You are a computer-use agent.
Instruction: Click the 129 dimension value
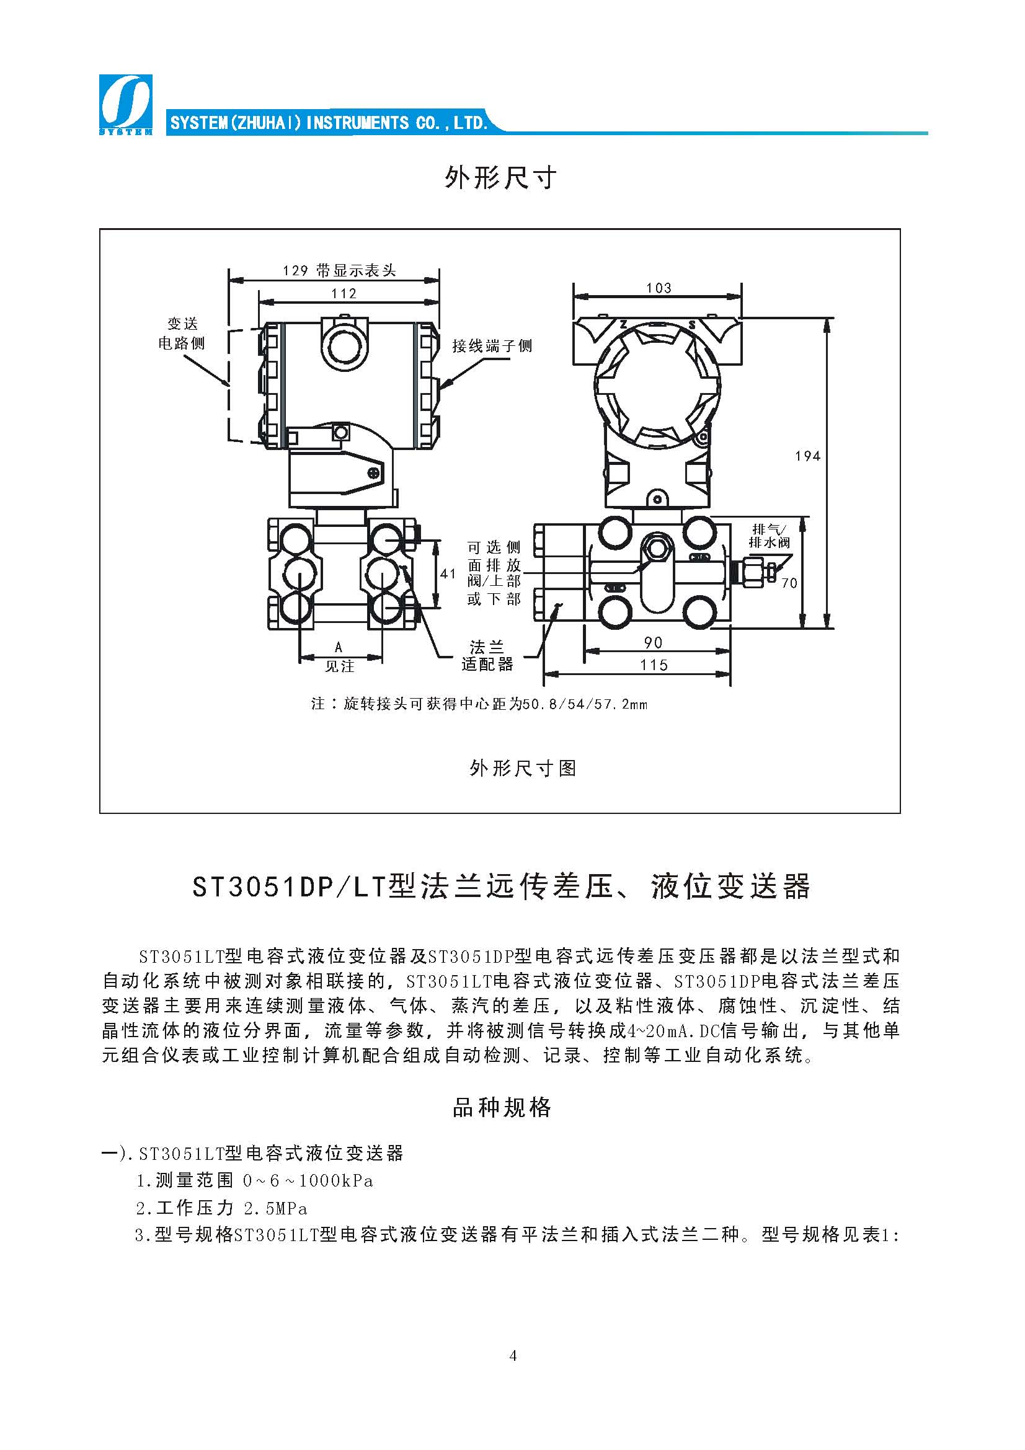(295, 271)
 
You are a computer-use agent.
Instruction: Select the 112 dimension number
(344, 294)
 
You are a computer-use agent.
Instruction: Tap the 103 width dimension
(658, 288)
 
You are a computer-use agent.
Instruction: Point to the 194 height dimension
(807, 456)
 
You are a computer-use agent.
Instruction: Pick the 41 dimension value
(448, 573)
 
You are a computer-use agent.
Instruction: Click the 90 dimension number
(653, 642)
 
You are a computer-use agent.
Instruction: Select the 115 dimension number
(654, 665)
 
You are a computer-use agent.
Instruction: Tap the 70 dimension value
(789, 583)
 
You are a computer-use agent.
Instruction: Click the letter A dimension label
(339, 647)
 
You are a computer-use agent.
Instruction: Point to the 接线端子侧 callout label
(492, 345)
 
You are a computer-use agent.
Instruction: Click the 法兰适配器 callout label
(487, 655)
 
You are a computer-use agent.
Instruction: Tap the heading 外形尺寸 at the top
(500, 178)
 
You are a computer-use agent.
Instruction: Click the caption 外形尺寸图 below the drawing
(522, 768)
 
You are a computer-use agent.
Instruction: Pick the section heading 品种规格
(502, 1107)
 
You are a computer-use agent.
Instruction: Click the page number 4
(512, 1355)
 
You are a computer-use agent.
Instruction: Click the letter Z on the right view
(623, 325)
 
